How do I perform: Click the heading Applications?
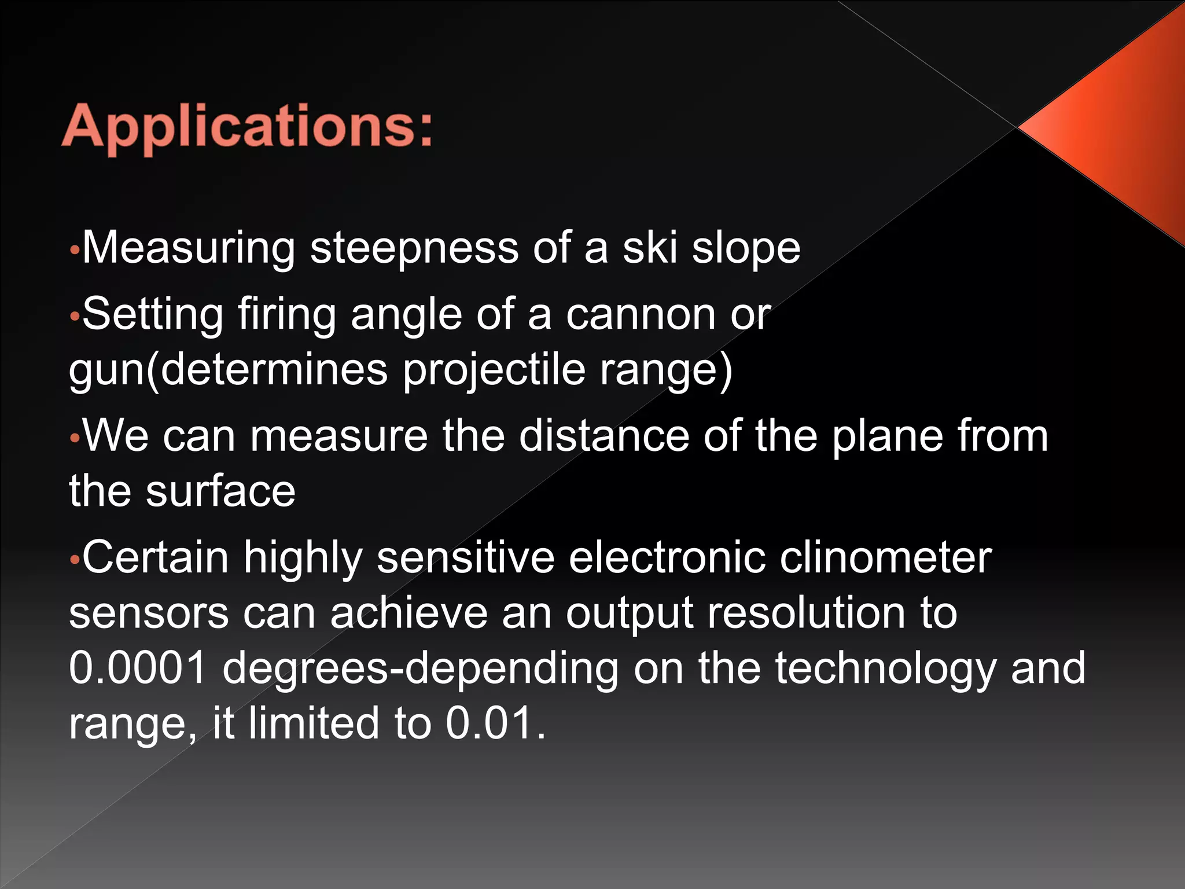click(247, 126)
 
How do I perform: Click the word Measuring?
click(189, 248)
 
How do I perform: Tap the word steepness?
click(414, 248)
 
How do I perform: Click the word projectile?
click(494, 370)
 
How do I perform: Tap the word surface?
click(220, 491)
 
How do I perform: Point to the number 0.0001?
click(138, 668)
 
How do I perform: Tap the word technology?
click(885, 668)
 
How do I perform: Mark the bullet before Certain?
click(73, 560)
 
